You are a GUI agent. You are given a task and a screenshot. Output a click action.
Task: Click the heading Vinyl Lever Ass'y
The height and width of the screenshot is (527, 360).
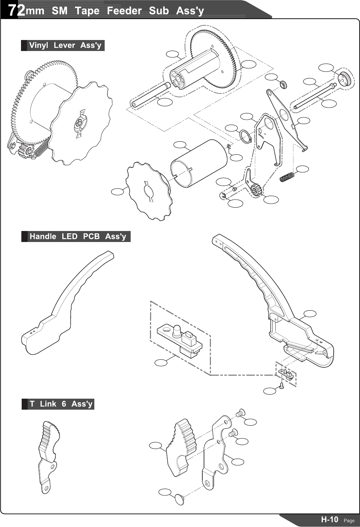coord(65,45)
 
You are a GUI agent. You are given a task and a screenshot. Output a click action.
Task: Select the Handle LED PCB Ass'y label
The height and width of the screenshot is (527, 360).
coord(78,236)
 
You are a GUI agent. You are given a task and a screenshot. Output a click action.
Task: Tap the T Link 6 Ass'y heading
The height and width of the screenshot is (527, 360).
coord(61,404)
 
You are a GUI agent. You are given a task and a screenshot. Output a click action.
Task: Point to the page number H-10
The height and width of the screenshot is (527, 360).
coord(329,519)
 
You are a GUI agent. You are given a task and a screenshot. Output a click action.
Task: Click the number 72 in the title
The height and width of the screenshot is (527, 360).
coord(16,11)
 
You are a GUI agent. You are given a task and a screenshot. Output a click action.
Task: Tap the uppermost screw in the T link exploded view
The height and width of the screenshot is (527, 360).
coord(240,413)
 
